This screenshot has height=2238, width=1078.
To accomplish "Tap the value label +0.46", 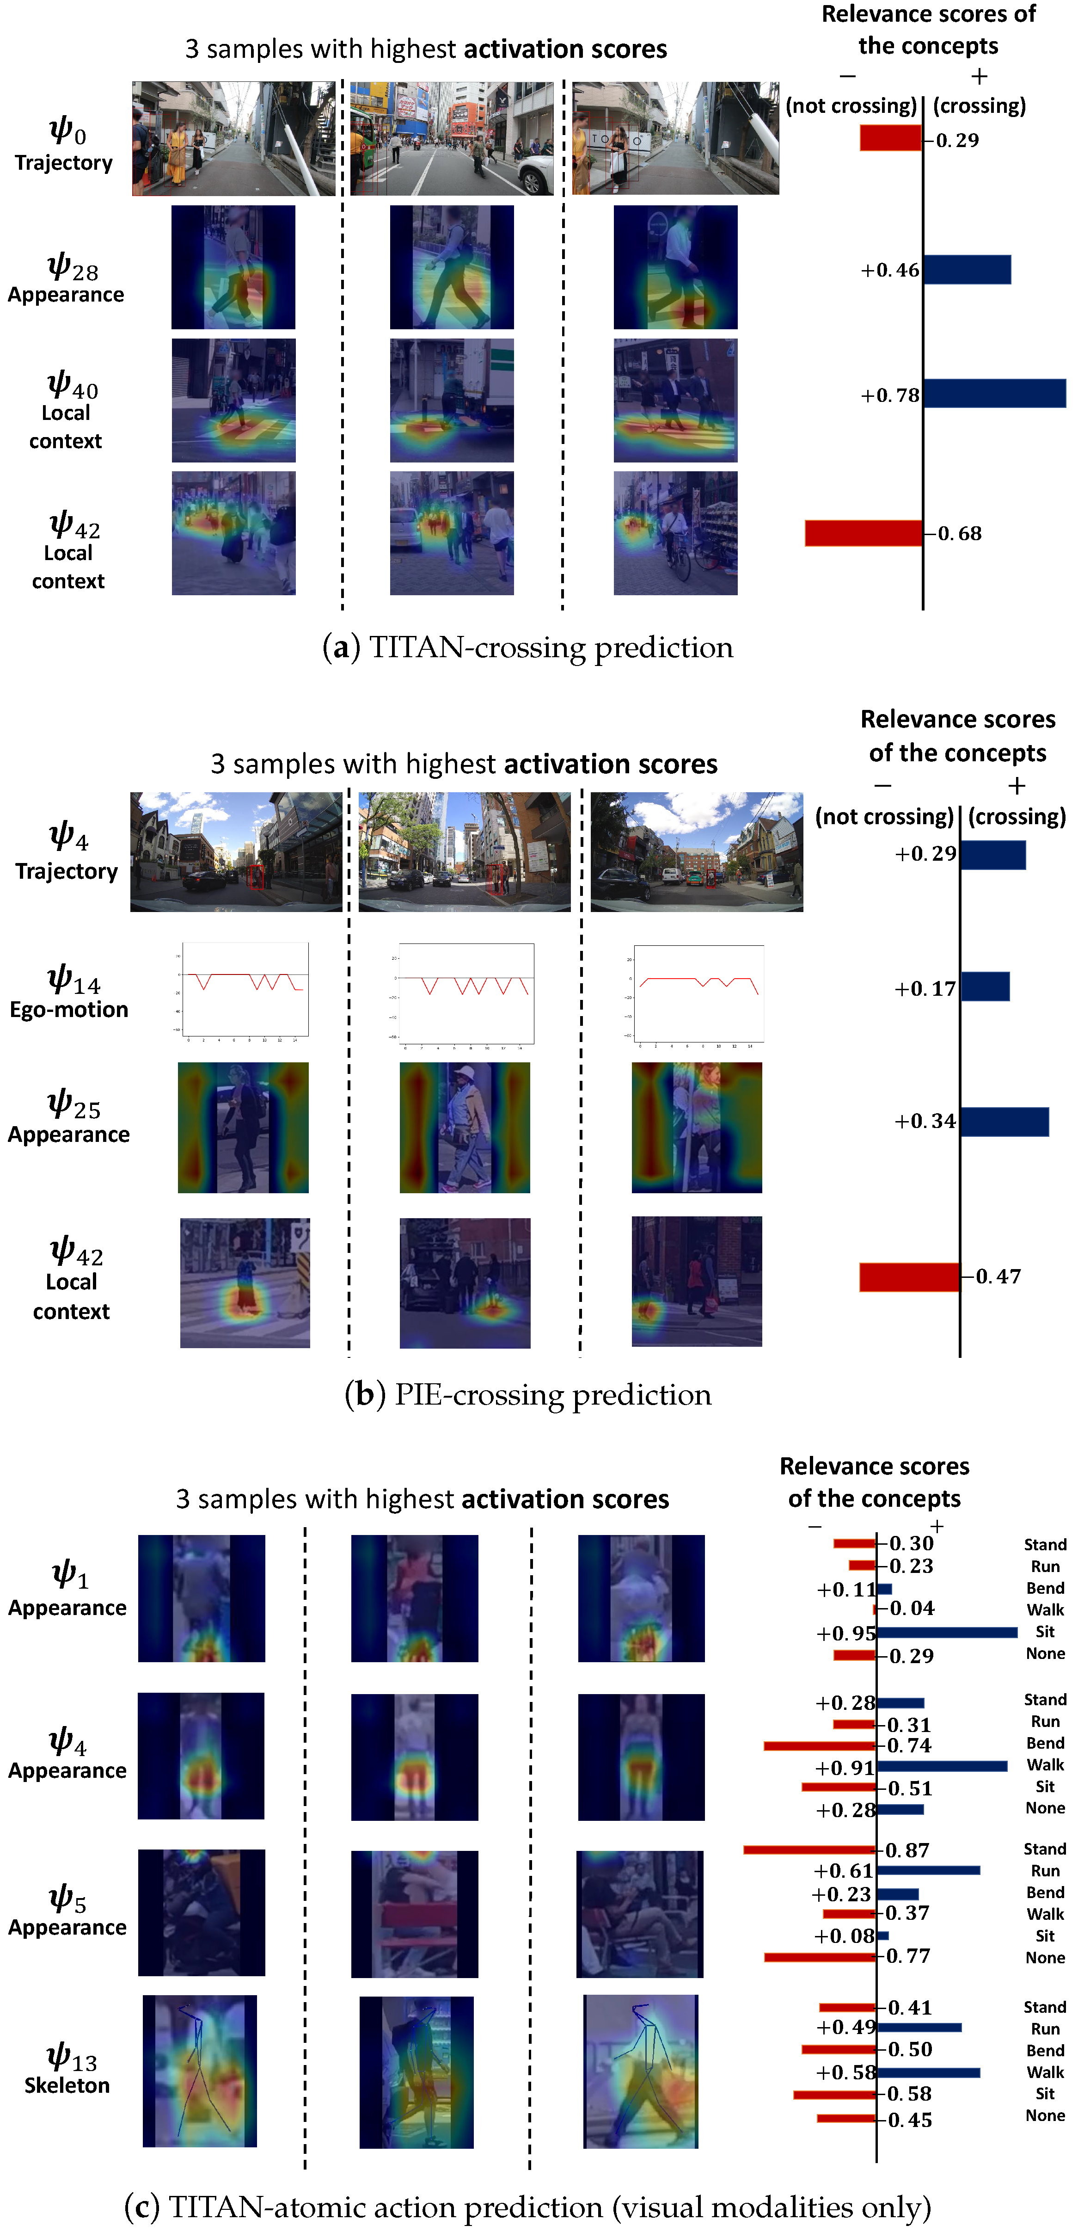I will point(889,270).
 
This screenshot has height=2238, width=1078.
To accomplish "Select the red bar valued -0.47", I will point(909,1276).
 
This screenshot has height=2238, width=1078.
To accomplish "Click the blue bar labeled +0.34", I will point(1004,1122).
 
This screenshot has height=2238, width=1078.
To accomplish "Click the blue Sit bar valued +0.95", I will point(947,1633).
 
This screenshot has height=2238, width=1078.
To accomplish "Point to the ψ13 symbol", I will point(71,2057).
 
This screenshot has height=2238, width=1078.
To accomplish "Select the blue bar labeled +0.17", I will point(985,987).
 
